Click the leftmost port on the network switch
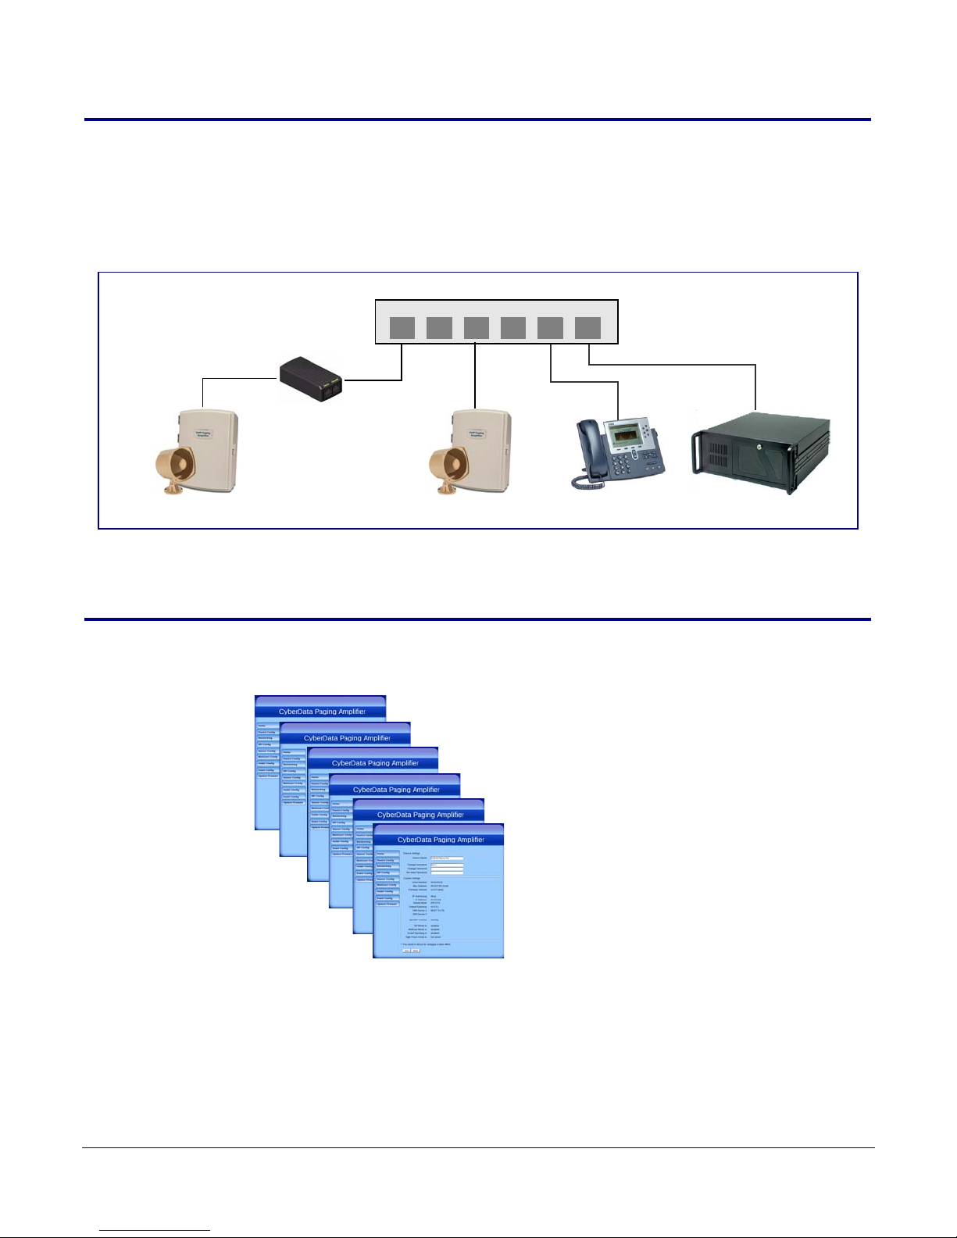[402, 328]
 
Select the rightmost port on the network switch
[587, 328]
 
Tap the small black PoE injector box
[312, 379]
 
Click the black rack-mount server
[762, 453]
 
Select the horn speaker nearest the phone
[448, 469]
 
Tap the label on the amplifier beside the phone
[476, 434]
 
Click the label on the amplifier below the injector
[203, 434]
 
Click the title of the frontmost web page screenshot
[441, 840]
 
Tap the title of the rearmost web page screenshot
[322, 712]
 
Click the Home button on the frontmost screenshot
[386, 854]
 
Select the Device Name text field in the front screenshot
[447, 858]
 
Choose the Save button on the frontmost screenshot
[406, 951]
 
